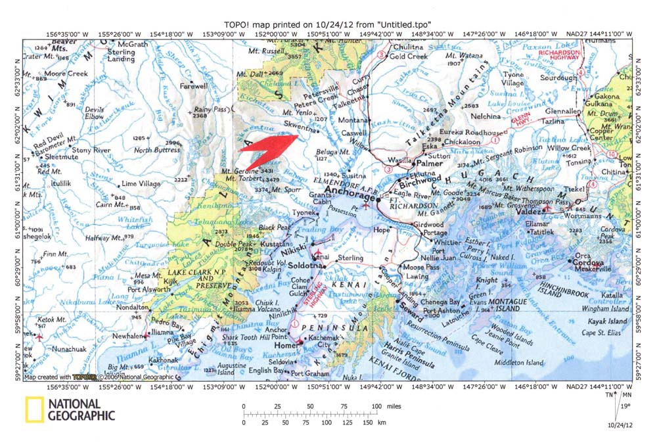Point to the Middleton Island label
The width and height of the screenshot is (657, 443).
click(x=520, y=362)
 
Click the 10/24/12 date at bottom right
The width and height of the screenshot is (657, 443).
click(x=620, y=425)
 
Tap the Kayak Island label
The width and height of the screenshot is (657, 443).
click(x=607, y=321)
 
